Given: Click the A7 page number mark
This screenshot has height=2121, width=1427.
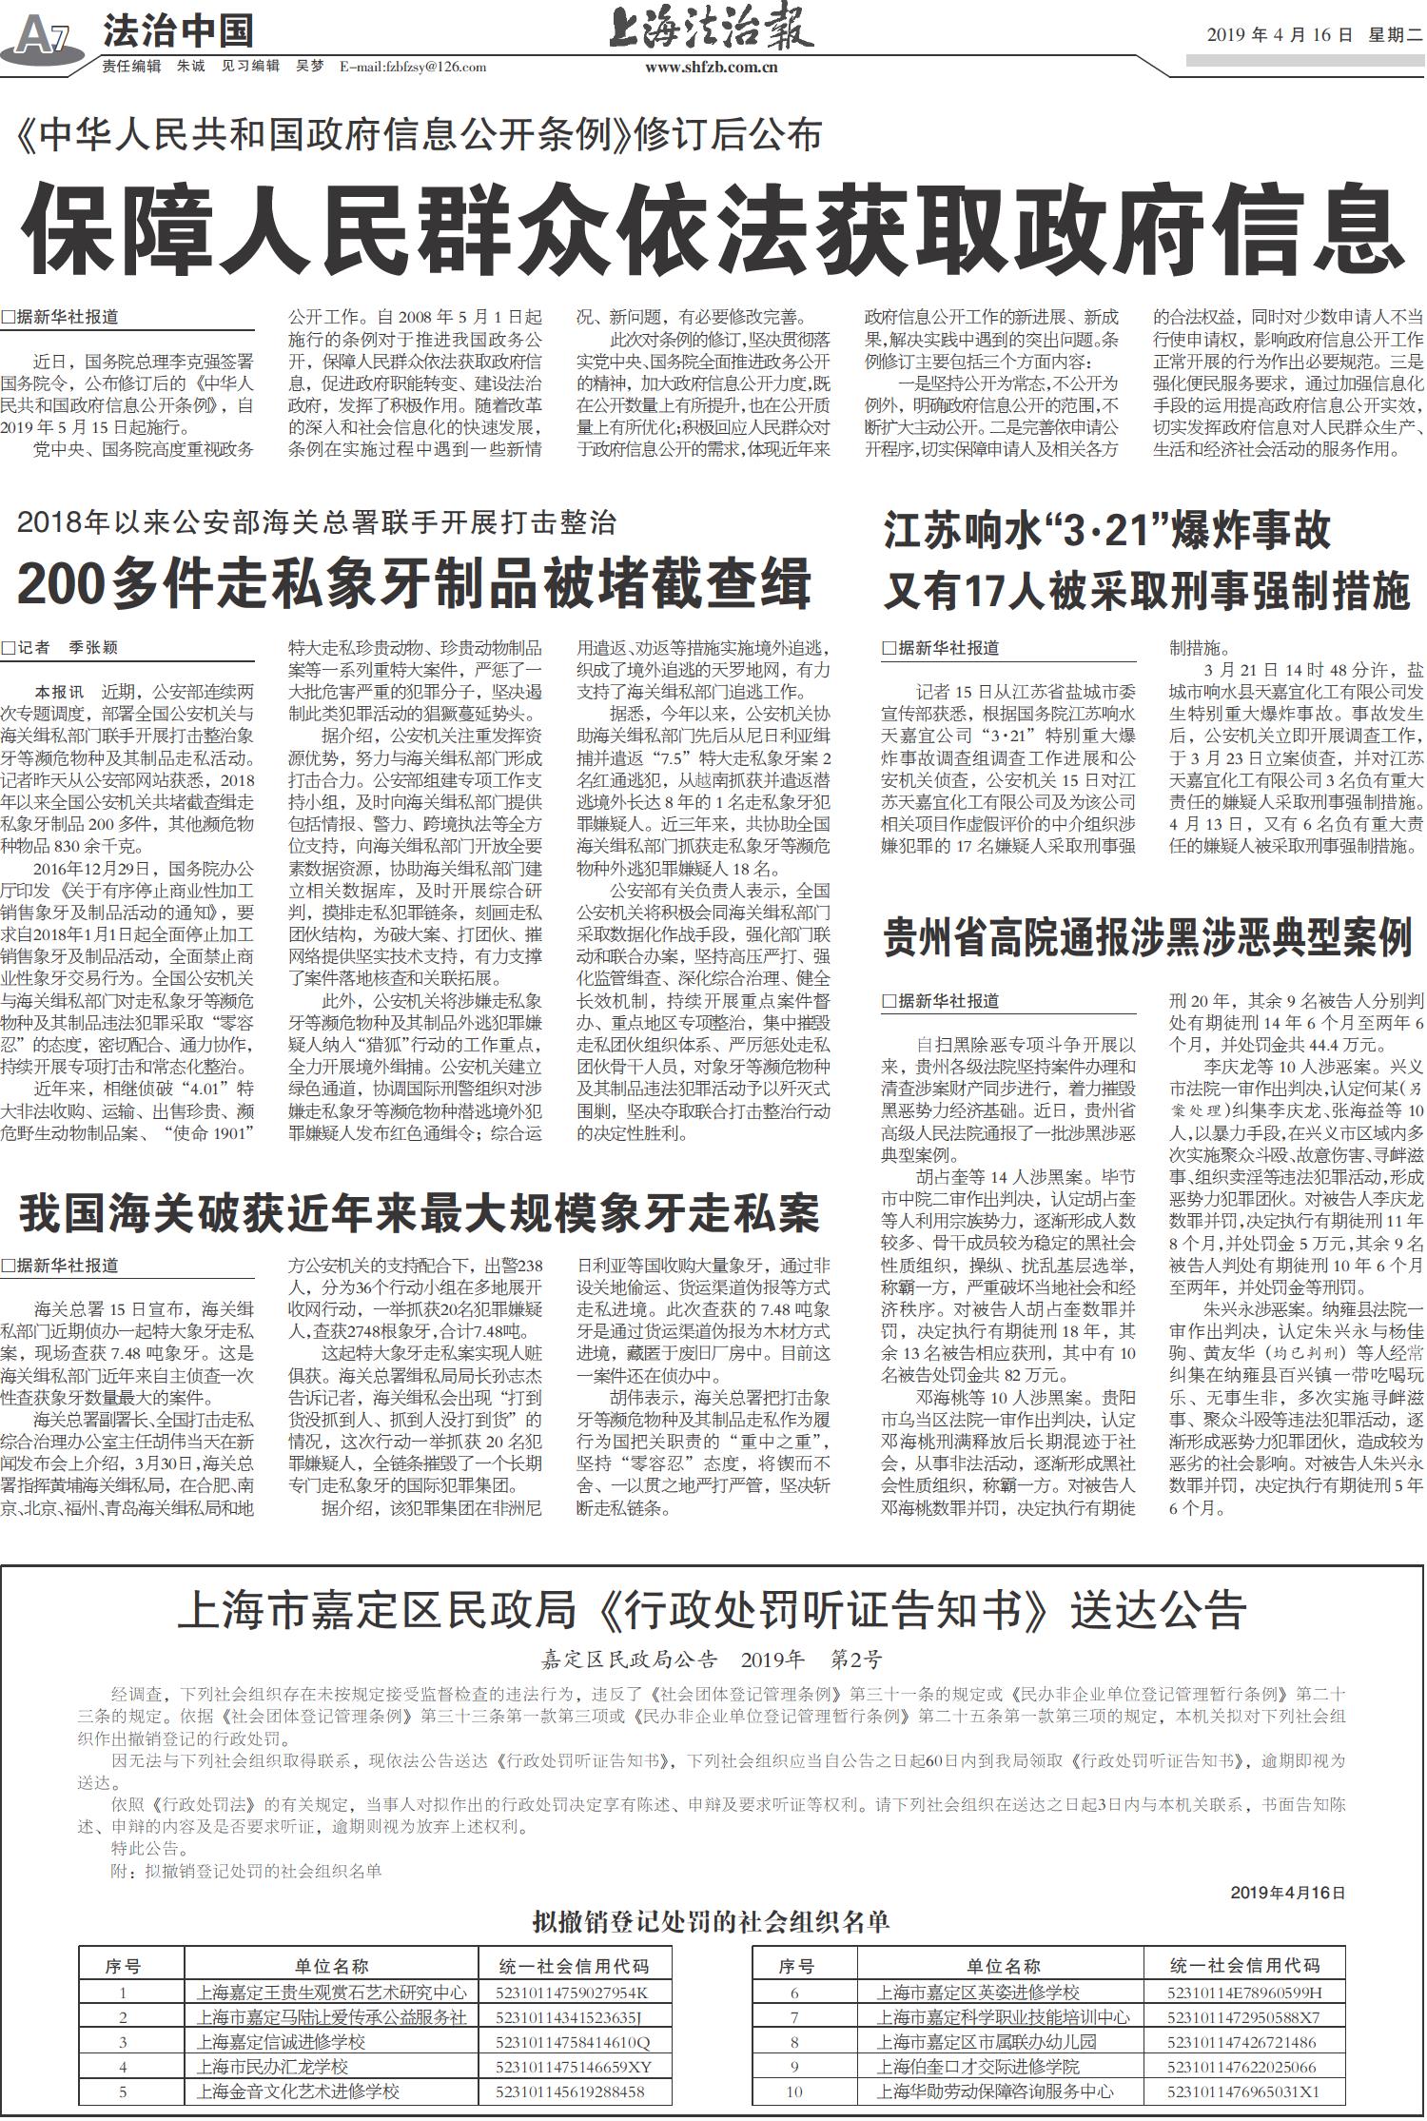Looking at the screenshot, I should [x=43, y=36].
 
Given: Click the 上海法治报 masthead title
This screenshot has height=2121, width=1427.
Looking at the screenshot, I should [x=711, y=29].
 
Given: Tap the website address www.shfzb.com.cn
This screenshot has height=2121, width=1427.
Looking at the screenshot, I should [x=711, y=67].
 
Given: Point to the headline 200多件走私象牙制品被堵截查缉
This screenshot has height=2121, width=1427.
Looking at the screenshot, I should [x=414, y=583].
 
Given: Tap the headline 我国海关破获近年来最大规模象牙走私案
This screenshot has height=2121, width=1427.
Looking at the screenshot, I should [x=419, y=1213].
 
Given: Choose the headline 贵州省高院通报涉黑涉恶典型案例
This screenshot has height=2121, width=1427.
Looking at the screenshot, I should [x=1147, y=937].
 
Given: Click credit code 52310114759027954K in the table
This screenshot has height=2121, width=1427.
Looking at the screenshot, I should [x=571, y=1993].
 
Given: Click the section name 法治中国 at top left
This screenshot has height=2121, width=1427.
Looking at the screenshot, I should [x=177, y=31].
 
